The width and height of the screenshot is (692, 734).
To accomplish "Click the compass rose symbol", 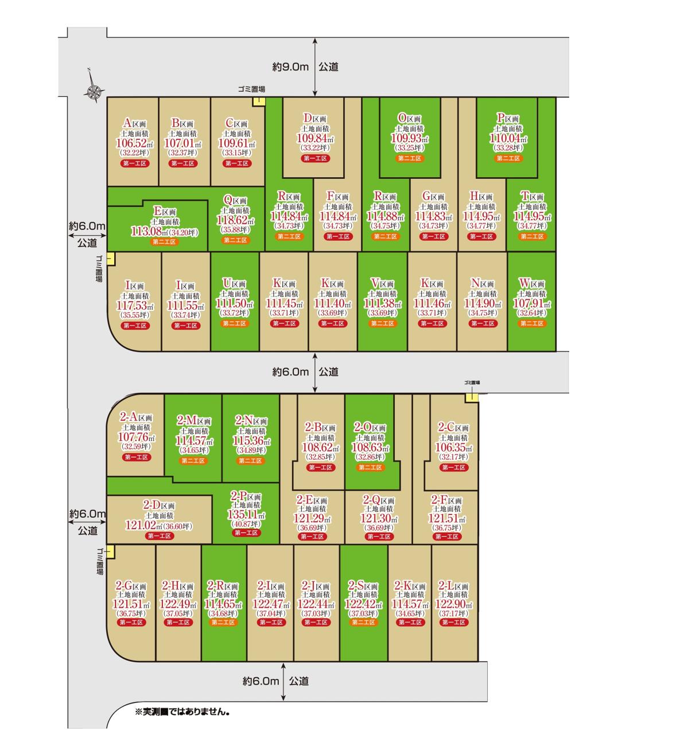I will (x=94, y=91).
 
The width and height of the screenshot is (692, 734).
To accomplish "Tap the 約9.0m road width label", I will (x=290, y=67).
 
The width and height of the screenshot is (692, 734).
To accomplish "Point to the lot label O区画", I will (x=409, y=119).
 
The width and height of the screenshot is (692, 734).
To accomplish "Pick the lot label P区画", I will (x=508, y=119).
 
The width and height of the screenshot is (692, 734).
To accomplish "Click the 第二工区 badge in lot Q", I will (x=235, y=240).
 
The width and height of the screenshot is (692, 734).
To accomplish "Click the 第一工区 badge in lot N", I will (x=483, y=323).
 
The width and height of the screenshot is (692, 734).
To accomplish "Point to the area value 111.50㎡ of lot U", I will (x=235, y=303).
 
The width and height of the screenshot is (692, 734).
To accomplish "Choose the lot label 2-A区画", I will (x=136, y=417).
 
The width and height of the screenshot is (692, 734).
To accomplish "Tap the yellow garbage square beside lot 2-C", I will (x=472, y=397).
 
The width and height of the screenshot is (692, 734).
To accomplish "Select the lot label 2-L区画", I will (x=453, y=586).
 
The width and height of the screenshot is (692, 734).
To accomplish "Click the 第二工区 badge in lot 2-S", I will (x=363, y=622).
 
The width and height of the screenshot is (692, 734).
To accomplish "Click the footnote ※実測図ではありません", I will (x=182, y=712).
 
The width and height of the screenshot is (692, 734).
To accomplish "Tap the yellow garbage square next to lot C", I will (x=259, y=101).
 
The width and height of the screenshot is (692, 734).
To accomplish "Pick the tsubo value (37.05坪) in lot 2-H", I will (x=178, y=614).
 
